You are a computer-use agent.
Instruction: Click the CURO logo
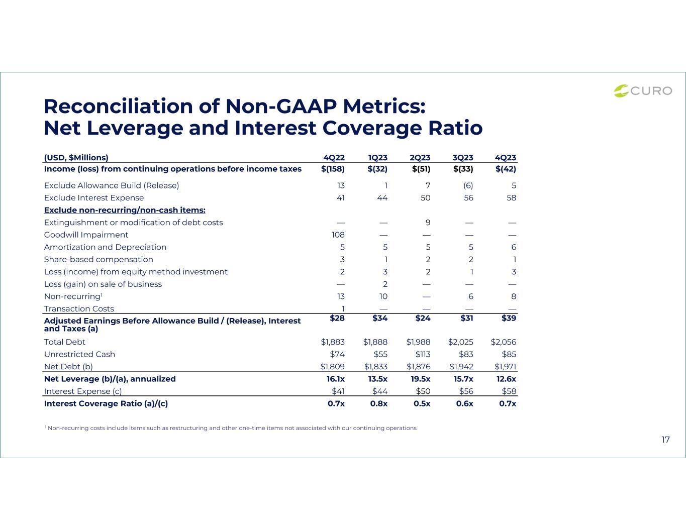[643, 91]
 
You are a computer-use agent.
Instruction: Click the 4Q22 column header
[334, 157]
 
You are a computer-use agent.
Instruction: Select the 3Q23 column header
[462, 157]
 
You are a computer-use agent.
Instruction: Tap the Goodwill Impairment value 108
[338, 235]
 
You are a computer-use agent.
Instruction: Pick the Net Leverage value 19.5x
[420, 379]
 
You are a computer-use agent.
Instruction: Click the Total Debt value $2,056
[503, 342]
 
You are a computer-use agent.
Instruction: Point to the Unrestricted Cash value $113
[423, 354]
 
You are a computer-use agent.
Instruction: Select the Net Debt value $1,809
[332, 367]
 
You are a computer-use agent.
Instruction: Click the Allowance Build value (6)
[468, 185]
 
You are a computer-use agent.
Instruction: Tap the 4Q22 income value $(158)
[333, 169]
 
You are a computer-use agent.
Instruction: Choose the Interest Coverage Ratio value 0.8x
[379, 403]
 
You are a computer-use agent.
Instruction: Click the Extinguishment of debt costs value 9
[428, 223]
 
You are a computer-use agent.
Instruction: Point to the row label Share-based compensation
[99, 259]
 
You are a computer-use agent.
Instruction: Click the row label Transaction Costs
[79, 308]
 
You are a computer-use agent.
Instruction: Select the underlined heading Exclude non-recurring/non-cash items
[125, 210]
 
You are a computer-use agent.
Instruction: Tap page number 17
[665, 440]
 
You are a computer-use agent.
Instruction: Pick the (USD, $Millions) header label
[76, 157]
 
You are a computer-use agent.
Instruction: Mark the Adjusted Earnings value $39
[509, 318]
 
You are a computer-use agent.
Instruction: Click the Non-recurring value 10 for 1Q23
[383, 296]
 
